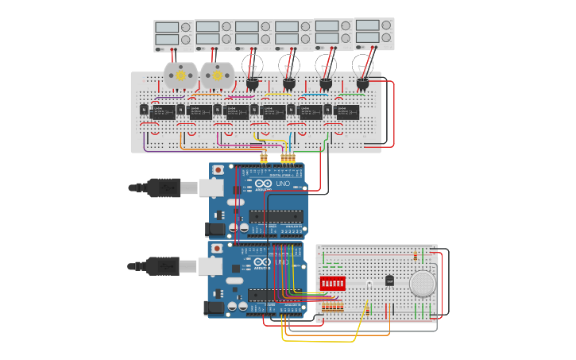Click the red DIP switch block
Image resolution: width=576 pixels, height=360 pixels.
[x=332, y=283]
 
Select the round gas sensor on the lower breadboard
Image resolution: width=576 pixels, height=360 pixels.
[x=423, y=283]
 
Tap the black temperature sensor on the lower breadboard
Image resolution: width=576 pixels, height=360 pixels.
[x=389, y=280]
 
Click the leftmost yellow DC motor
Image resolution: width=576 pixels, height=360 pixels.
[x=180, y=75]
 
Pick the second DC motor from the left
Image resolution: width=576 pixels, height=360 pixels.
[x=216, y=75]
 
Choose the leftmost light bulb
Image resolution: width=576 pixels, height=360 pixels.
[x=253, y=64]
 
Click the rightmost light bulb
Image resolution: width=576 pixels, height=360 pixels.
[x=363, y=64]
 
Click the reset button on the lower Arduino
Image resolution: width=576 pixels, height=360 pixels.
[x=217, y=249]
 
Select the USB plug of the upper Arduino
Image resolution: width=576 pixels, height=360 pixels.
[x=163, y=188]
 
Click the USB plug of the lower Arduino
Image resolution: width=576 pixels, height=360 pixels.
[x=163, y=265]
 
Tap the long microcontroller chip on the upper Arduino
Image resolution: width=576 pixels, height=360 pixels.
[x=276, y=216]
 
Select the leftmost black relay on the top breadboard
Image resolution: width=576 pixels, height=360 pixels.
[x=162, y=112]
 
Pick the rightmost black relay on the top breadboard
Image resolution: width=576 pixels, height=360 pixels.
[x=347, y=111]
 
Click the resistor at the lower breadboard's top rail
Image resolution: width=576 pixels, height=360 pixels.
[x=416, y=256]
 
